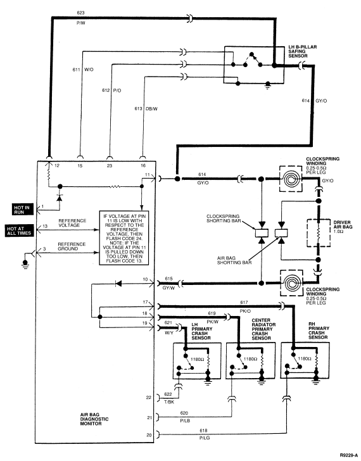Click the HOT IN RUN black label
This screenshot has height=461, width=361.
click(23, 210)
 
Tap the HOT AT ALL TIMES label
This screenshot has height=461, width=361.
click(19, 230)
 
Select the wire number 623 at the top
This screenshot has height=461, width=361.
click(80, 13)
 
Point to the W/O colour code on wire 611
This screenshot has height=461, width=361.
click(89, 70)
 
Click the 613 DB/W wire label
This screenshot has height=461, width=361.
click(146, 108)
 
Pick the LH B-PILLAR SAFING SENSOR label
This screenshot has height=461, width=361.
click(302, 51)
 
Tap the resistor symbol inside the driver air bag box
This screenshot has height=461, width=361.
click(318, 233)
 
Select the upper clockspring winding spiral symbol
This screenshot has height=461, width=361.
click(291, 179)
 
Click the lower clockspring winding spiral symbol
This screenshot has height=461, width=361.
click(291, 284)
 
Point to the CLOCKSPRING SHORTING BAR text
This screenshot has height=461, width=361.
click(223, 218)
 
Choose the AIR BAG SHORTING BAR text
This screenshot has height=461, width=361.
click(234, 260)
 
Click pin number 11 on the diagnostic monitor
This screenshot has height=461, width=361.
click(148, 175)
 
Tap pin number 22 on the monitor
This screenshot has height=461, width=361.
click(149, 397)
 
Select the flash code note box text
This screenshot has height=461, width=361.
click(124, 239)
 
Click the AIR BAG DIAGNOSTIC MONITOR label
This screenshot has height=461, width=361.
click(94, 419)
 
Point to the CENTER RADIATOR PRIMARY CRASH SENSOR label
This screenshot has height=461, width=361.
click(263, 329)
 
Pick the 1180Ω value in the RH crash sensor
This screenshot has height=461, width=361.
click(304, 358)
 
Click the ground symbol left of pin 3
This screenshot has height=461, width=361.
click(25, 264)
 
